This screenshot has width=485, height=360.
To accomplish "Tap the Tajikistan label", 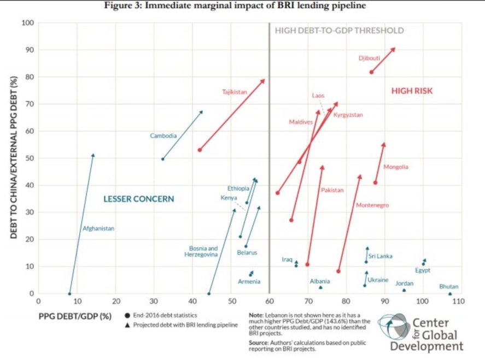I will [235, 92].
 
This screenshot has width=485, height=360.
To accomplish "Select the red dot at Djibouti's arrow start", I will [371, 72].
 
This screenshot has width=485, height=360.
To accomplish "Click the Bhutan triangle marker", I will [450, 293].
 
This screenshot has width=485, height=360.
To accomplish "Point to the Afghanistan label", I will [98, 228].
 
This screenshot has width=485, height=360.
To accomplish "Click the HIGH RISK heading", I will [412, 91].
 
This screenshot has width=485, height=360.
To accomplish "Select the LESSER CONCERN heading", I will [138, 199].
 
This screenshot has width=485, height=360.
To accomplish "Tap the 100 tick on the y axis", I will [27, 23].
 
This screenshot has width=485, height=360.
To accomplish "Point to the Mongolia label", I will [396, 167].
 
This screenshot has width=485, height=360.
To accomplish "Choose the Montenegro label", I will [372, 205].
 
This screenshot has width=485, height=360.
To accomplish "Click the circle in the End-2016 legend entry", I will [127, 315].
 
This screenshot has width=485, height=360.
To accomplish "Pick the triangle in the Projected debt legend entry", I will [127, 326].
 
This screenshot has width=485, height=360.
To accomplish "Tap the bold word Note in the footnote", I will [255, 315].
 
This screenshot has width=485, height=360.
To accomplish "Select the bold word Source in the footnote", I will [259, 343].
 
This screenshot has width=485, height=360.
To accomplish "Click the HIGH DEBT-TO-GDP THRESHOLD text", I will [339, 31].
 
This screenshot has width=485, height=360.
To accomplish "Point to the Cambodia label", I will [163, 135].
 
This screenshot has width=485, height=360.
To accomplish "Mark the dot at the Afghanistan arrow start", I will [69, 293].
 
